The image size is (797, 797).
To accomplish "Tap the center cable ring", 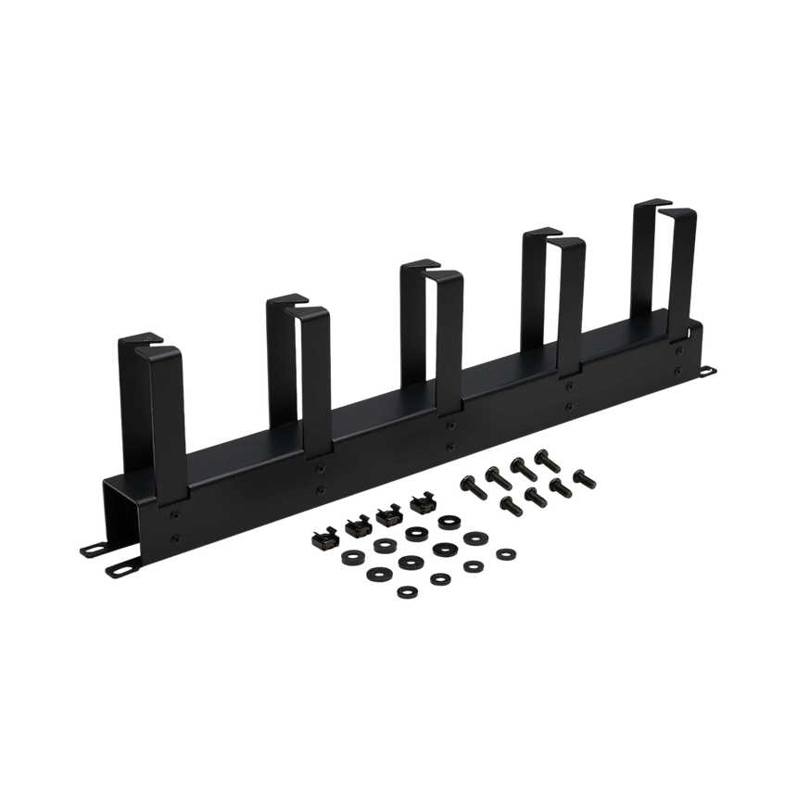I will tap(432, 324).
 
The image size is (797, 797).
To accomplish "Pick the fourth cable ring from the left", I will tap(553, 297).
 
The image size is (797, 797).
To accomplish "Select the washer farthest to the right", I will tap(505, 552).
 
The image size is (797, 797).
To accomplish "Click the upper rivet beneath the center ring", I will tap(449, 423).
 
